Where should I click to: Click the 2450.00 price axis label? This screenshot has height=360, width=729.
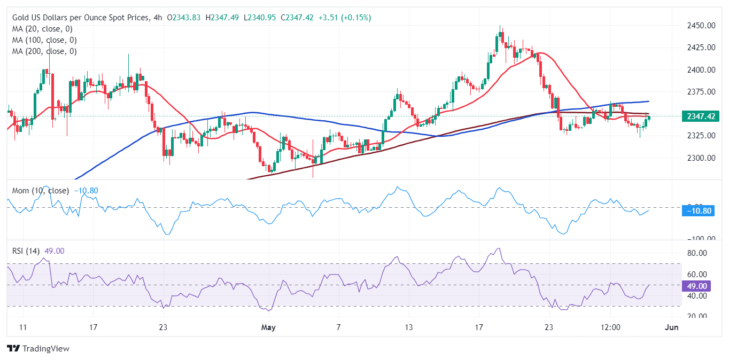701,25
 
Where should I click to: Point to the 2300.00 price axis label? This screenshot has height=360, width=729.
701,158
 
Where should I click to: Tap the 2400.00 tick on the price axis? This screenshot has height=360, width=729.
701,69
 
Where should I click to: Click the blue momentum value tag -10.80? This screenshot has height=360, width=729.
699,211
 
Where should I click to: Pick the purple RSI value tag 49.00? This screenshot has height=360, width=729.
699,286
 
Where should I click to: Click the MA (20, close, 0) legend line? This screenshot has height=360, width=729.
42,29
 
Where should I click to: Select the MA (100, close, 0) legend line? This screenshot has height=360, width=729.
44,40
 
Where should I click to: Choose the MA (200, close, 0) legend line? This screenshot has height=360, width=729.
44,51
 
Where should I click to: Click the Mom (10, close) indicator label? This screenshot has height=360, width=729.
41,191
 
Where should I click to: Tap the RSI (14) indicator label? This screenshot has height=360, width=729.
26,251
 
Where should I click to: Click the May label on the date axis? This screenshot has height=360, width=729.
268,327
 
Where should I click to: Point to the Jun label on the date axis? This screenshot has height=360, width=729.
672,327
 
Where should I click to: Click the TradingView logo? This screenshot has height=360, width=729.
38,349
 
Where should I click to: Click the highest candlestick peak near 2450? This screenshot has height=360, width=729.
500,27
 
